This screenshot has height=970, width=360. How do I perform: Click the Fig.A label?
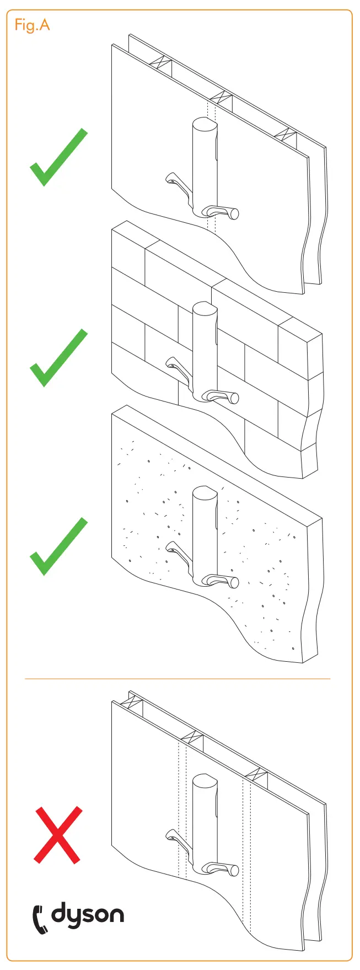pos(32,25)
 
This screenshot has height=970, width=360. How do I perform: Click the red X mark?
pos(58,834)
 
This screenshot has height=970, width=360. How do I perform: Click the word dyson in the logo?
pos(88,914)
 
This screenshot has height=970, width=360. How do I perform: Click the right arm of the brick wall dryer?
pos(223,396)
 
